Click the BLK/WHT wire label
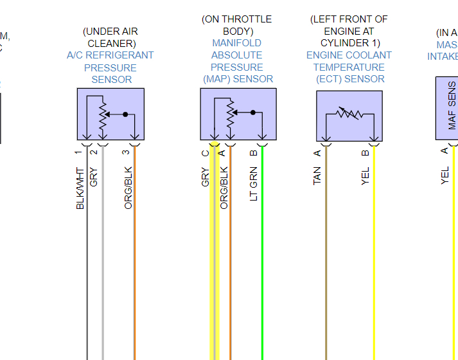point(80,188)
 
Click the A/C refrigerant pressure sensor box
point(110,114)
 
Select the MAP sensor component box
point(238,114)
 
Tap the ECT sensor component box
point(349,116)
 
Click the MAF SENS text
point(452,106)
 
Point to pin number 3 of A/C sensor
point(126,152)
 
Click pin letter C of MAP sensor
point(206,152)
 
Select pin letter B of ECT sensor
point(366,152)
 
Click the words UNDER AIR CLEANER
point(110,37)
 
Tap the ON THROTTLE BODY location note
point(237,25)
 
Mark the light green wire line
point(262,270)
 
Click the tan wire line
point(326,270)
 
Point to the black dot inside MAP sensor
point(253,113)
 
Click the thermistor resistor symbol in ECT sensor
point(349,114)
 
